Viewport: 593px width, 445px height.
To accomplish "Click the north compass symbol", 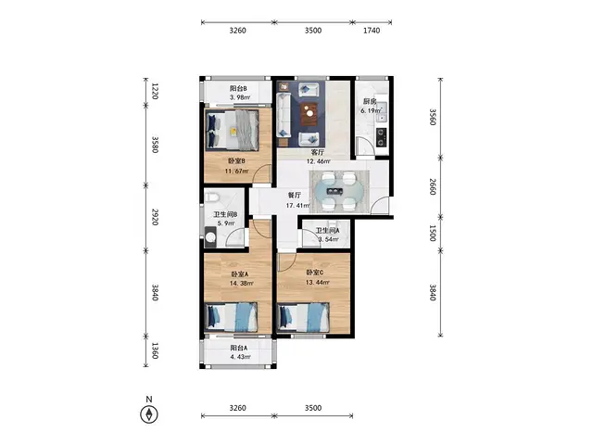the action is tap(149, 414).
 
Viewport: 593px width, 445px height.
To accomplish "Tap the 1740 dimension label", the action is tap(372, 31).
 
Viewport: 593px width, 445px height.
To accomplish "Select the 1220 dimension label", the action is tap(155, 91).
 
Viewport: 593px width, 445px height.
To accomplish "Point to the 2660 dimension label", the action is tap(433, 187).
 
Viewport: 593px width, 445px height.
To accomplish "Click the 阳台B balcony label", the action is tap(238, 89).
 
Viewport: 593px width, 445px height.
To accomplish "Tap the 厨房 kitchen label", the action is tap(370, 101).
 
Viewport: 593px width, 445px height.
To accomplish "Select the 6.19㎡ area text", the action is tap(371, 111).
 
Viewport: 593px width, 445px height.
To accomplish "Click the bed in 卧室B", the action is tap(233, 130).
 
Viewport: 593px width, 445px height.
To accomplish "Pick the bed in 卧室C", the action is tap(303, 317).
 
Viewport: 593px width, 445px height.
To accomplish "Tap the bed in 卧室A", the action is tap(231, 317).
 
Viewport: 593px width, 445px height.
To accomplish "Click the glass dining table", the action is tap(339, 191).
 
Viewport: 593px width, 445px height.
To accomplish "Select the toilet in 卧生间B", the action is tap(211, 197).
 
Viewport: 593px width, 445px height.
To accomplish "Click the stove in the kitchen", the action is tap(381, 137).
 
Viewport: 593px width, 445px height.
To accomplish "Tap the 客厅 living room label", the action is tap(318, 152).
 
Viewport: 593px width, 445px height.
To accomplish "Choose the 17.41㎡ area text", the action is tap(297, 206).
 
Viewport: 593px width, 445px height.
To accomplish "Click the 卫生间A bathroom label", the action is tap(327, 231).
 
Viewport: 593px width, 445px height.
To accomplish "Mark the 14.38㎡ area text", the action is tap(241, 283).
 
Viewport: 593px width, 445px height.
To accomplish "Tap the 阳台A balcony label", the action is tap(239, 348).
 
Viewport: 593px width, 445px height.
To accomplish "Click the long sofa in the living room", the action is tap(283, 115).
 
